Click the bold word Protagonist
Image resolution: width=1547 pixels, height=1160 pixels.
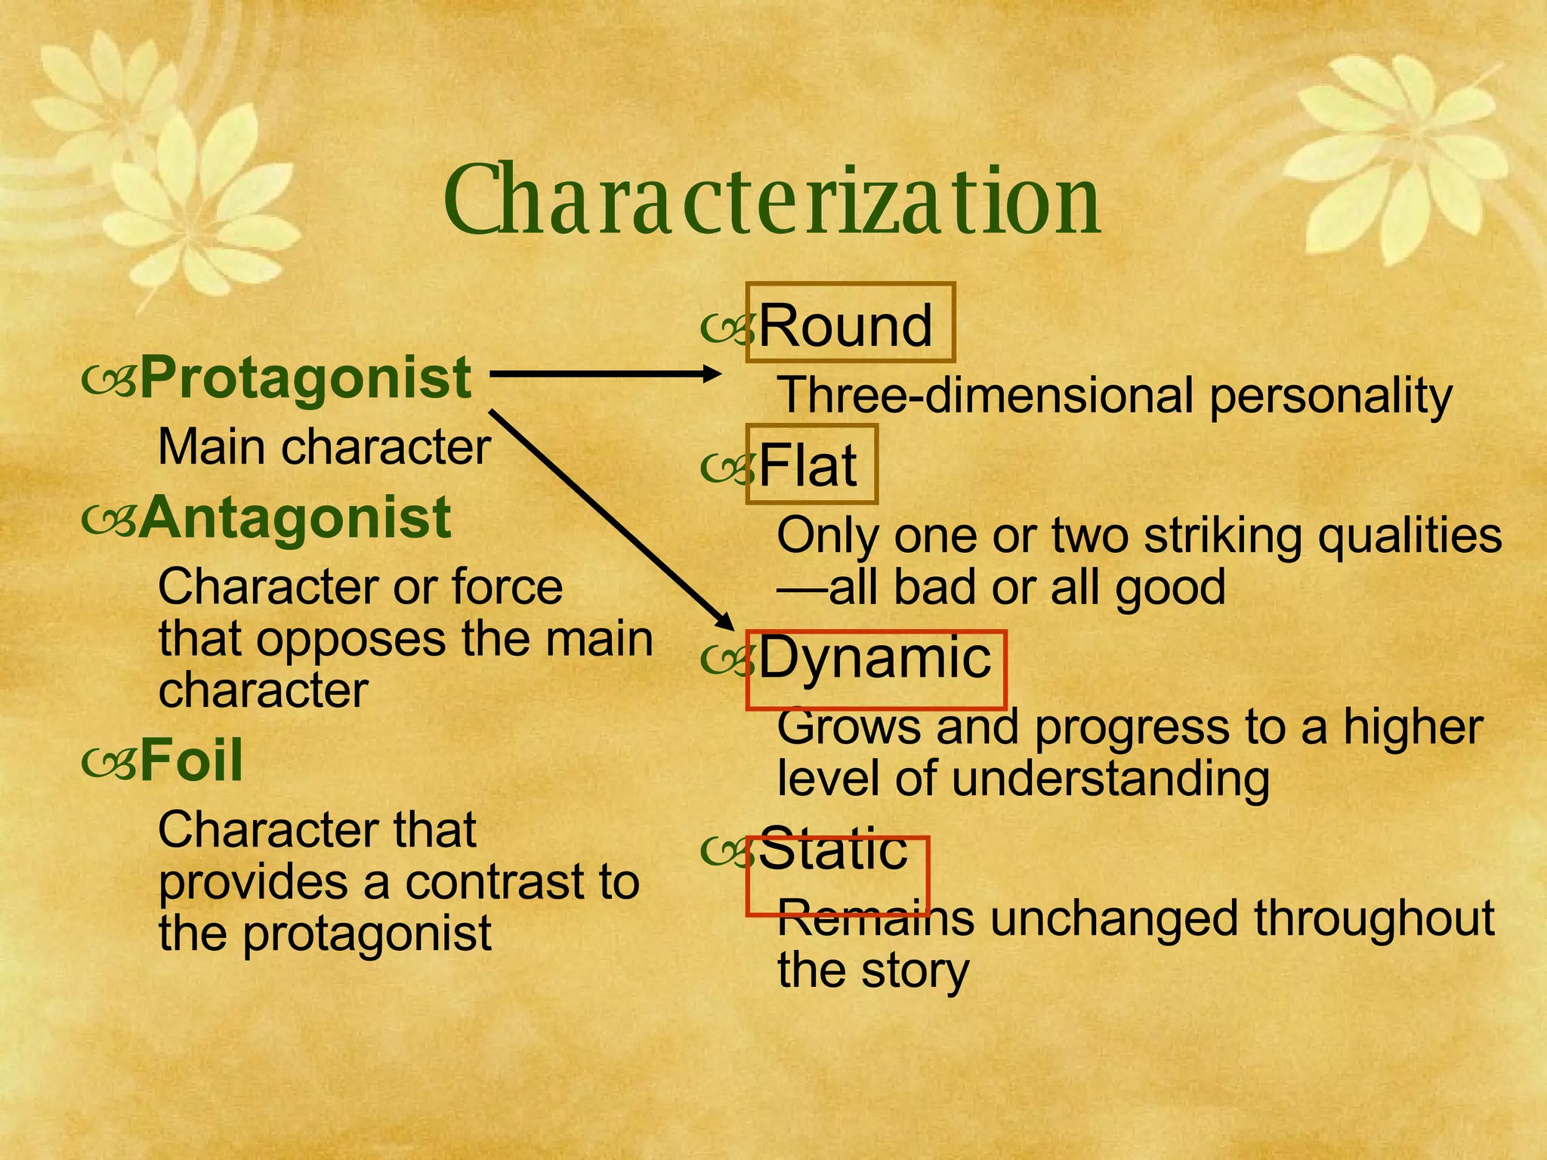tap(306, 378)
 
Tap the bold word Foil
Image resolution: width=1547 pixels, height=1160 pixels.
tap(191, 760)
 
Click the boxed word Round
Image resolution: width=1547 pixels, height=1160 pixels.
tap(846, 325)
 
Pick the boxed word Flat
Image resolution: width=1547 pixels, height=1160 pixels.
tap(807, 465)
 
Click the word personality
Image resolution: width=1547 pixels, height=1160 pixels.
tap(1330, 397)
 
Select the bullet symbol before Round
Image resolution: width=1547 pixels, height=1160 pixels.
tap(727, 328)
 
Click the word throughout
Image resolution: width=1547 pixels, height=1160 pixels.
tap(1374, 919)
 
